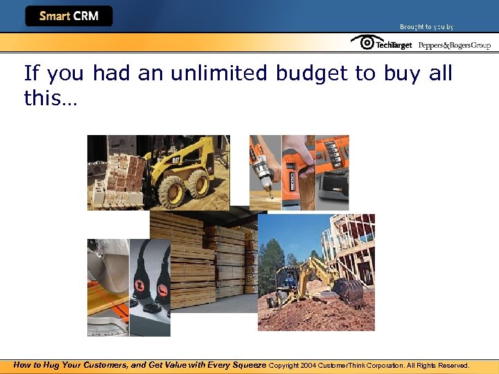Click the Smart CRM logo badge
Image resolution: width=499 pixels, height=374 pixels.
point(69,16)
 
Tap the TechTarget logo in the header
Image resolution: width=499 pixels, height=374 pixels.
point(381,44)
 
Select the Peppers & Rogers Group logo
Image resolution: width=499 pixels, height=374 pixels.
point(455,45)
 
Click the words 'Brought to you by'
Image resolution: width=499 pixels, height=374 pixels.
point(426,27)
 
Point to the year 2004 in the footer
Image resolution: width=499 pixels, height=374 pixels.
point(308,366)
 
